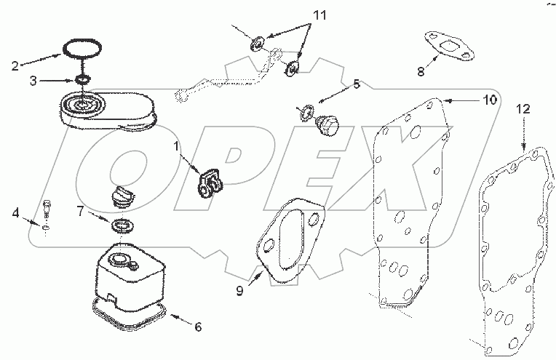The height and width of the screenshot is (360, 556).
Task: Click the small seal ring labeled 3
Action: [84, 79]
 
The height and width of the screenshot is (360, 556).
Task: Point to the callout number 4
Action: [16, 214]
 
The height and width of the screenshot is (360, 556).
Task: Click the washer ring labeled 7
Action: [122, 223]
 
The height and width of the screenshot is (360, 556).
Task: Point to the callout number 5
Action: [355, 84]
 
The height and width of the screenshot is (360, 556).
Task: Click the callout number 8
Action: [421, 71]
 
